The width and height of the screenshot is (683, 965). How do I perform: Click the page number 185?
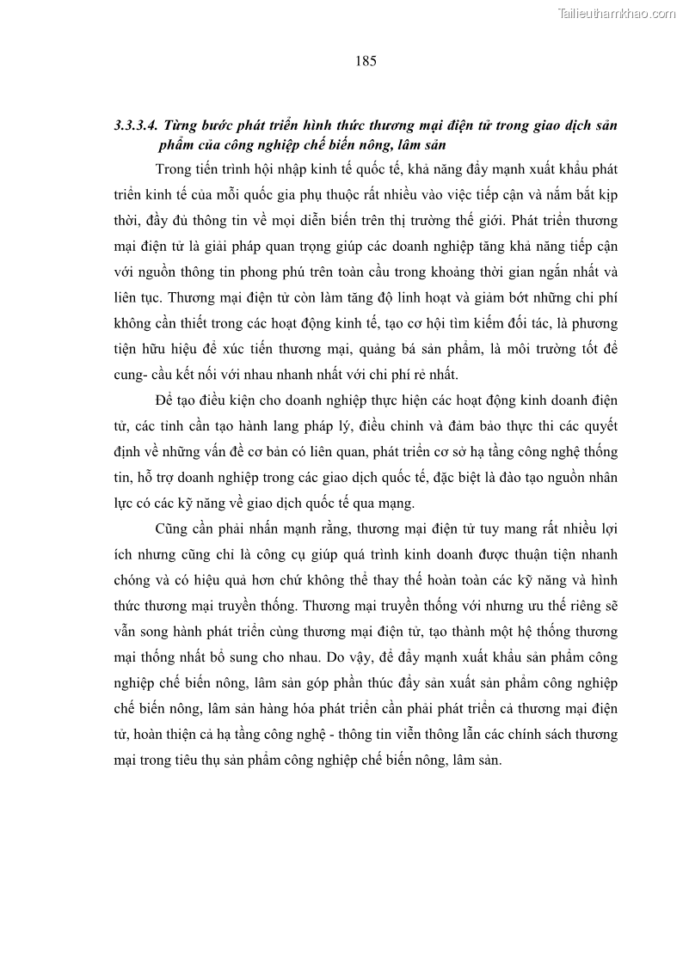click(x=366, y=61)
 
